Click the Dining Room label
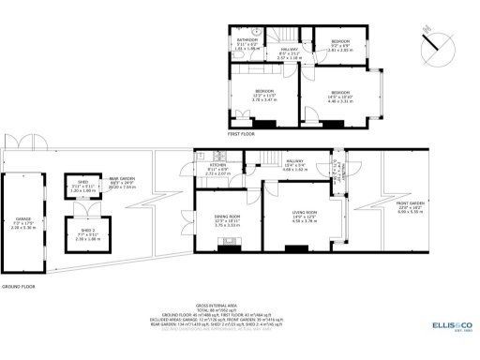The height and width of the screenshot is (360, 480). pyautogui.click(x=228, y=219)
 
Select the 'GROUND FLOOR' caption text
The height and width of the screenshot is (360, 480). pyautogui.click(x=19, y=286)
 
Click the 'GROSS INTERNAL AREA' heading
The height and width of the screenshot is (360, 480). pyautogui.click(x=241, y=306)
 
